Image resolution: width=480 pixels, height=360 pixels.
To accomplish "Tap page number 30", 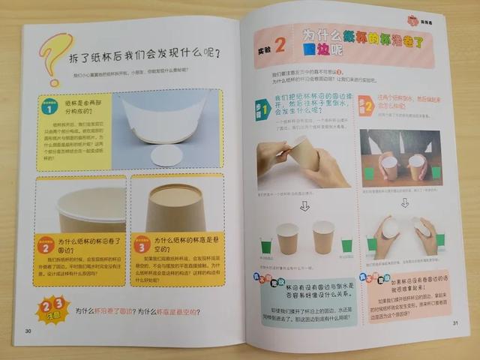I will click(28, 331).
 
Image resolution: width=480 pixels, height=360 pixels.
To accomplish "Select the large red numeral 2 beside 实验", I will click(279, 45).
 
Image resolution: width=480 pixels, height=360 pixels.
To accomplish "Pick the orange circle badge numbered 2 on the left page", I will click(46, 246).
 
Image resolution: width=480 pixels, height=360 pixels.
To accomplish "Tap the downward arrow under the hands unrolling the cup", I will click(304, 205).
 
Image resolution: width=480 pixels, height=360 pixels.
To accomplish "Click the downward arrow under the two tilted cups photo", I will click(405, 202).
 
